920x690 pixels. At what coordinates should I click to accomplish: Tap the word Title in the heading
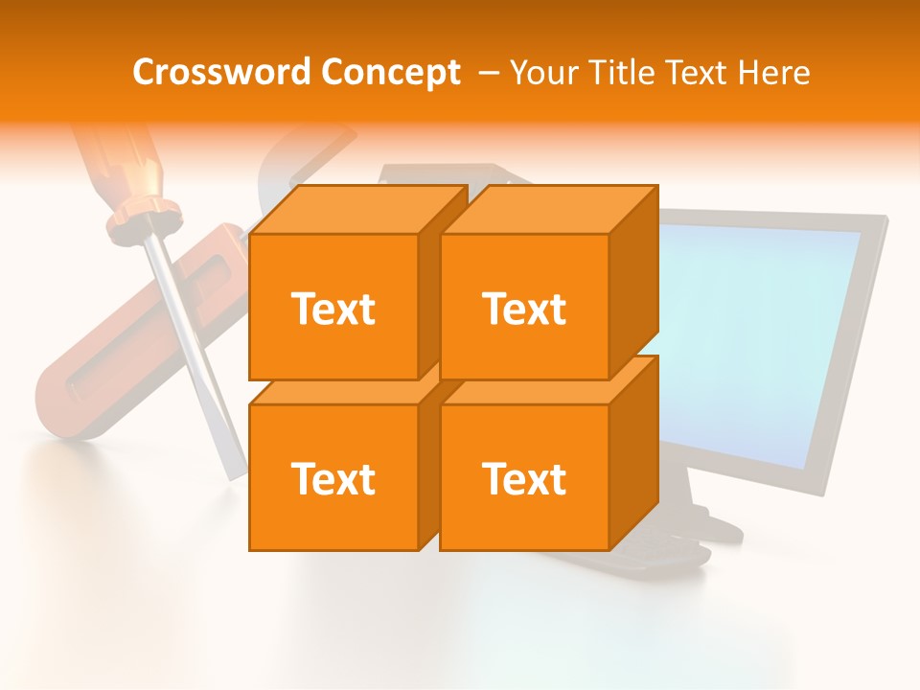tap(621, 73)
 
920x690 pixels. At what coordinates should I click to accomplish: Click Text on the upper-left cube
tap(333, 309)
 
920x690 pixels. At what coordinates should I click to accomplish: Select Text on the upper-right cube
tap(524, 309)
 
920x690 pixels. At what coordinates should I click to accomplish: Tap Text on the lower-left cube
tap(333, 478)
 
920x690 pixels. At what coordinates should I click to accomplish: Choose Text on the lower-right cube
tap(524, 478)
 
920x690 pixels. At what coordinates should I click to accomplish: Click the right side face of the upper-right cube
tap(634, 283)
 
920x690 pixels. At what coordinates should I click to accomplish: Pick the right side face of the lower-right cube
tap(634, 453)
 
